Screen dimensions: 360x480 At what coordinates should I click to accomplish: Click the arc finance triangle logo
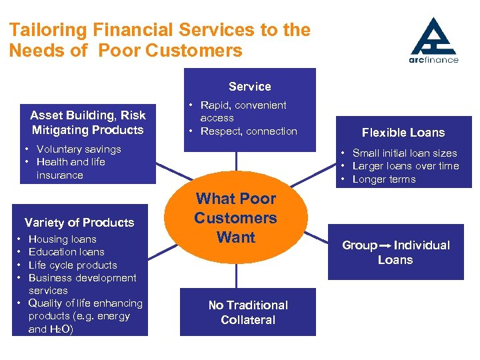click(x=433, y=37)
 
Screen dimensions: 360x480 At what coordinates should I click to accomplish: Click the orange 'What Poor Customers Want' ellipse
click(x=236, y=218)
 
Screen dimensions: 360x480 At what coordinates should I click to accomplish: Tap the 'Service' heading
click(x=250, y=87)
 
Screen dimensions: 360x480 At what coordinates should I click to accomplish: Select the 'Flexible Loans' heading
click(x=403, y=133)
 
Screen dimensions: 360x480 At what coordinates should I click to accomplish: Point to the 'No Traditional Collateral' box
click(x=248, y=313)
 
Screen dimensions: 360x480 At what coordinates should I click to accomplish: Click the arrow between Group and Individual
click(x=385, y=246)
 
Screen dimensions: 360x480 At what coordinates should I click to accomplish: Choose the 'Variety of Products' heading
click(x=79, y=223)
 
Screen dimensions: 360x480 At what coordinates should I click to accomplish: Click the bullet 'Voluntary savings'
click(x=79, y=149)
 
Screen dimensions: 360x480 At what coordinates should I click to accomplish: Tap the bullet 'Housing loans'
click(x=63, y=239)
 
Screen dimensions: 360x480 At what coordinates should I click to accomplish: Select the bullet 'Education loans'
click(x=67, y=252)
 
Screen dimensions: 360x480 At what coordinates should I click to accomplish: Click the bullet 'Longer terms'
click(x=384, y=179)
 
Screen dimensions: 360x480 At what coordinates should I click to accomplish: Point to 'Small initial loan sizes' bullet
click(x=405, y=153)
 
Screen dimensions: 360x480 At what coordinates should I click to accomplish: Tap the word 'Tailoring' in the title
click(x=48, y=30)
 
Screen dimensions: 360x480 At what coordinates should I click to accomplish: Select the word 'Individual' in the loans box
click(x=421, y=245)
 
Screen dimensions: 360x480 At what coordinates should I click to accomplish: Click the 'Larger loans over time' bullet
click(x=405, y=166)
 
